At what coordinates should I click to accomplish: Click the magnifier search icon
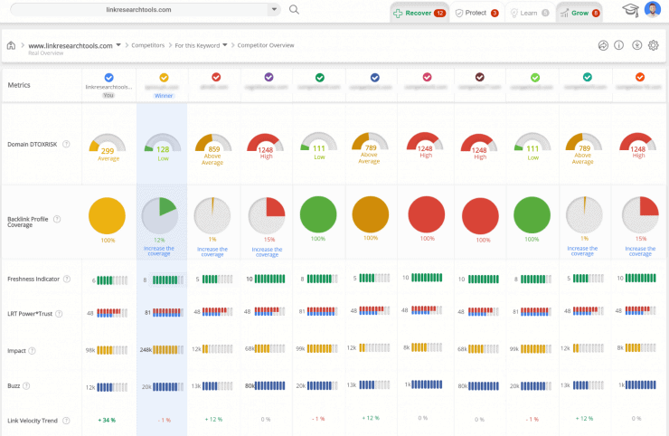click(x=294, y=10)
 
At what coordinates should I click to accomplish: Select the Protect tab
click(x=476, y=14)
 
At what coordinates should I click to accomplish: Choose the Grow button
click(x=579, y=14)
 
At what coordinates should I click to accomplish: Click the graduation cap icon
click(x=630, y=11)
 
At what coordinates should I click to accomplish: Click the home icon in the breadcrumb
click(x=11, y=45)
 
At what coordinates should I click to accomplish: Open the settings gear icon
click(x=654, y=45)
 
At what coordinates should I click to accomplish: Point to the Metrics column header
click(x=19, y=85)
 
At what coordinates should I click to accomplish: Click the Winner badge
click(x=163, y=95)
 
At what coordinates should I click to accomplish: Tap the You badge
click(x=108, y=95)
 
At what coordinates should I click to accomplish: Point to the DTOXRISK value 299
click(x=108, y=151)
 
